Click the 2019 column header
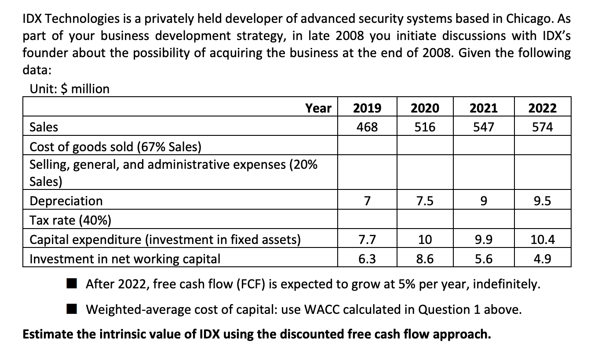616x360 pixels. [367, 108]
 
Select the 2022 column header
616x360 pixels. [542, 108]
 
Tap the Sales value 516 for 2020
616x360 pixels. [425, 127]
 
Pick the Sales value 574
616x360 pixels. [542, 127]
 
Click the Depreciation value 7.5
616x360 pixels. [425, 201]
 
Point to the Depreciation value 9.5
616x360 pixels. [542, 201]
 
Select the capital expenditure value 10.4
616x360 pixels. [542, 240]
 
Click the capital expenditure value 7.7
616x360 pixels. [367, 240]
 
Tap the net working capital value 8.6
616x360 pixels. [425, 259]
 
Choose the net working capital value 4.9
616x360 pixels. [542, 259]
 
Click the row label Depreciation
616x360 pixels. [66, 201]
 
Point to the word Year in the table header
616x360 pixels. [318, 108]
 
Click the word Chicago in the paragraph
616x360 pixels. [531, 19]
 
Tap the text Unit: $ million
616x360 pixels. [69, 89]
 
